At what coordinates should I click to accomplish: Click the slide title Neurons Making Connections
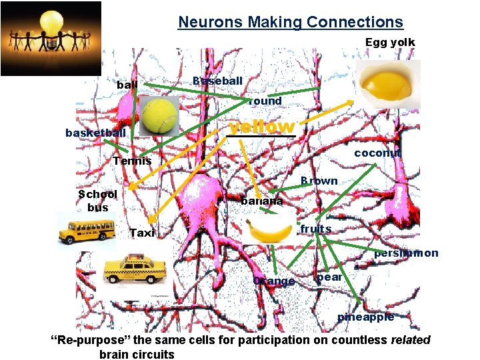tap(290, 22)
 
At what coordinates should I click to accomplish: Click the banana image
tap(270, 231)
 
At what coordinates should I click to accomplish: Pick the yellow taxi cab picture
tap(137, 273)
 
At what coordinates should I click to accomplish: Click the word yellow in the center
tap(261, 127)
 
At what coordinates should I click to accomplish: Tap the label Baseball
tap(217, 81)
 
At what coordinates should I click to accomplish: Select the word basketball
tap(95, 133)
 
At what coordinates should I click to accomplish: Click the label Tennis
tap(132, 161)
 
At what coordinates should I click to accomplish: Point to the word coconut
tap(377, 153)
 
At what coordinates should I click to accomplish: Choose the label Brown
tap(319, 181)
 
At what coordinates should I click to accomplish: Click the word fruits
tap(315, 229)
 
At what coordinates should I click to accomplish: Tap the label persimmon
tap(406, 253)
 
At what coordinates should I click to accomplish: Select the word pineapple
tap(365, 317)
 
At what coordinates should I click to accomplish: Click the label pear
tap(329, 277)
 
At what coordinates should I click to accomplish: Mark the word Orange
tap(274, 281)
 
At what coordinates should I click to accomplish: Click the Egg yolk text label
tap(390, 42)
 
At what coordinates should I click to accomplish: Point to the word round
tap(265, 101)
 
